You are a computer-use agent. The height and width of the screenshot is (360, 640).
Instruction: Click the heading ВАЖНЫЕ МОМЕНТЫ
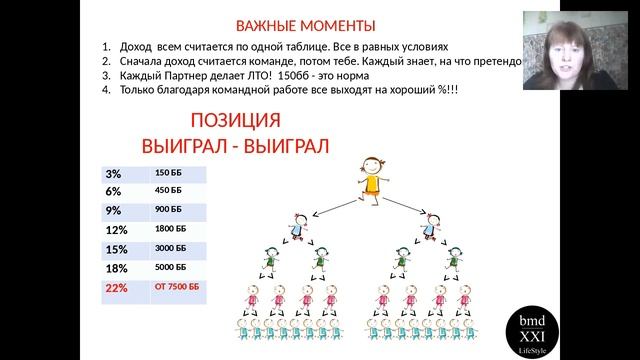tap(306, 26)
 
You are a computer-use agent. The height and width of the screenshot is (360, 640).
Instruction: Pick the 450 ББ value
tap(168, 191)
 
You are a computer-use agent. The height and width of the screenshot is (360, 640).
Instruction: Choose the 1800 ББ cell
tap(171, 230)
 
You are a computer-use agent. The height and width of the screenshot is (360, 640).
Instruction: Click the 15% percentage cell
tap(116, 250)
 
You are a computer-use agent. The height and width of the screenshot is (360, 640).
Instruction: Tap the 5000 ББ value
tap(171, 268)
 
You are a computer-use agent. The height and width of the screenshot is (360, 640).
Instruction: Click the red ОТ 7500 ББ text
tap(177, 287)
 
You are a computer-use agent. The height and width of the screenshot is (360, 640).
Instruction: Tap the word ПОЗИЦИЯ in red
tap(235, 123)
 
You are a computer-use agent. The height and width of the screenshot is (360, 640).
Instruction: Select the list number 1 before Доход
tap(106, 47)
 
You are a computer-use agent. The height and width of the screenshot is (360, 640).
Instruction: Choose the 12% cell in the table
tap(116, 231)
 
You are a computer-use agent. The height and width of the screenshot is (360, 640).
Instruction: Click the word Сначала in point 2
tap(142, 61)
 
